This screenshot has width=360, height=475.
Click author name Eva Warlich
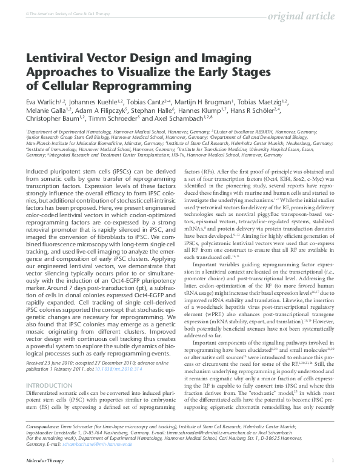coord(42,103)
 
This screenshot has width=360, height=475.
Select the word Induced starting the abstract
coord(39,157)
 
